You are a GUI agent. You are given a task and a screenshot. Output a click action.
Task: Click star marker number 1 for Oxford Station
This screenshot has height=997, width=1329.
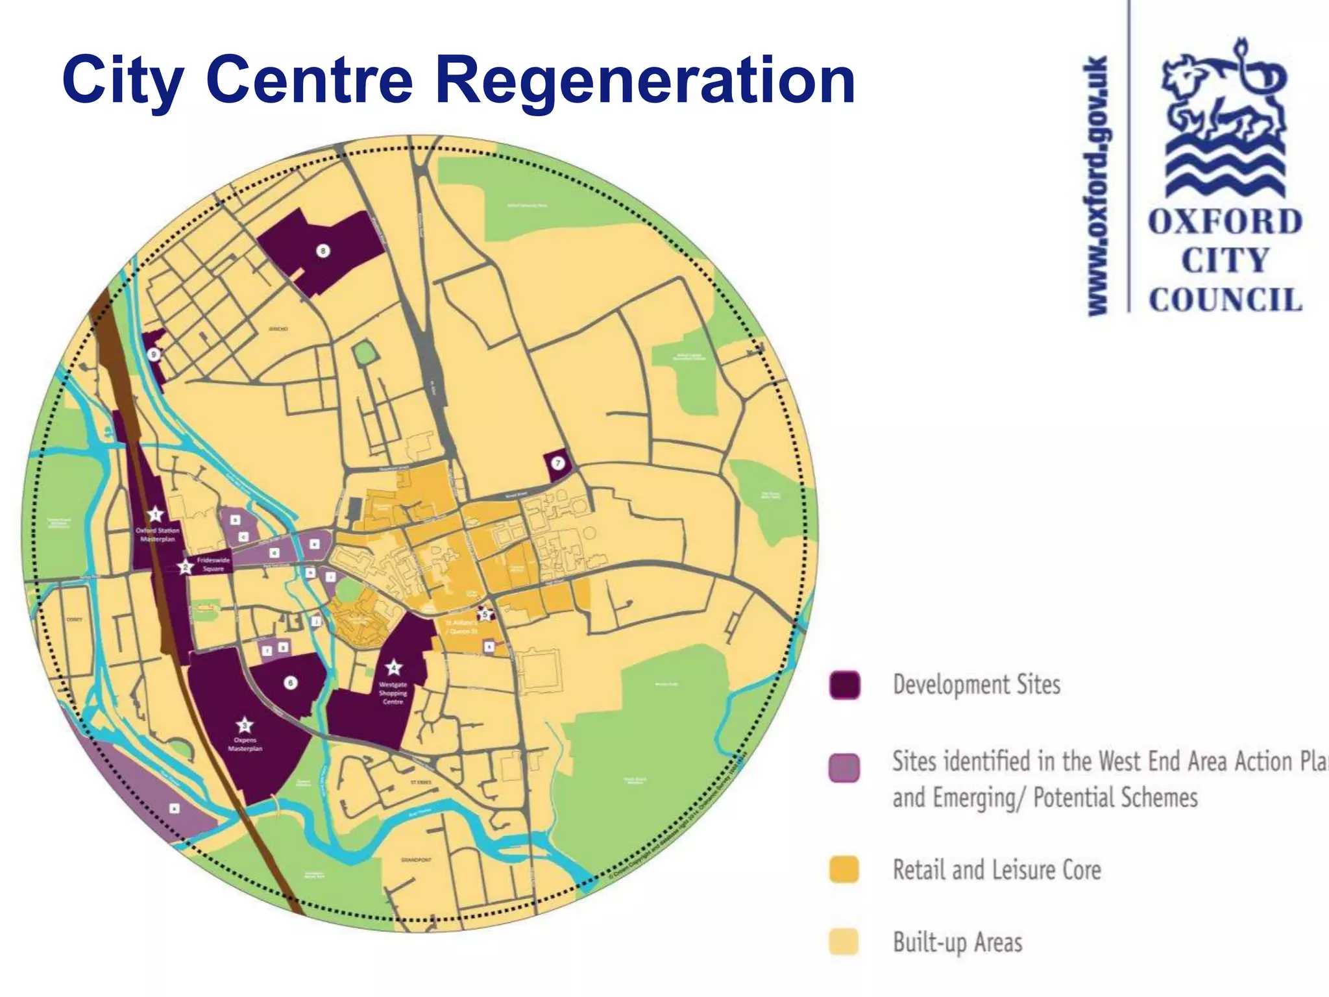pos(154,515)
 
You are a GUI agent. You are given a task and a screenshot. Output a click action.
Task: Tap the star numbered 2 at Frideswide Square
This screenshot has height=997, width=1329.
pos(186,567)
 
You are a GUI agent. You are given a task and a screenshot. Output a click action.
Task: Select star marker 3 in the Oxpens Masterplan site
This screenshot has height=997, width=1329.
pos(244,725)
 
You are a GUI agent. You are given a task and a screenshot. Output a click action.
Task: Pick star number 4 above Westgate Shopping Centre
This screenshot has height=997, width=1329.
pos(393,667)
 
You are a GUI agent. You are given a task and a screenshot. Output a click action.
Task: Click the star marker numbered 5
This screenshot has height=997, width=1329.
pos(484,613)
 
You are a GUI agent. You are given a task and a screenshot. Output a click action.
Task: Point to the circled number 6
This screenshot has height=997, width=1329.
pos(291,683)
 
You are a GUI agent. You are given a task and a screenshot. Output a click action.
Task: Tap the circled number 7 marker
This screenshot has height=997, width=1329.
pos(558,463)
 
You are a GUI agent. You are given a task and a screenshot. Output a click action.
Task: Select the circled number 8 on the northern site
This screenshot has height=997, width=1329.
pos(323,251)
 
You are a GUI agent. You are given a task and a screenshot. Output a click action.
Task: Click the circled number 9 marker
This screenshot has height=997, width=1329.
pos(154,354)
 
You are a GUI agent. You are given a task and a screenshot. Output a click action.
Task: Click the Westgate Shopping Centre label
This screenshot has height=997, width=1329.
pos(393,693)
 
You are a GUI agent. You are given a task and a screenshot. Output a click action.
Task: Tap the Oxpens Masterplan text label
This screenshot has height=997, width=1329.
pos(245,745)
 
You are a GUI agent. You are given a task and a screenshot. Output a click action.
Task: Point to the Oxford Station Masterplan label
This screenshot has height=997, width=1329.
pos(157,535)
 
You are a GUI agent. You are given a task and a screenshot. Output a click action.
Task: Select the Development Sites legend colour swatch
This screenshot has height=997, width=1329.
pos(844,685)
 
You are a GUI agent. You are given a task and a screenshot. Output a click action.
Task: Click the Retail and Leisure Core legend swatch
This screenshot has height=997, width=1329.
pos(844,870)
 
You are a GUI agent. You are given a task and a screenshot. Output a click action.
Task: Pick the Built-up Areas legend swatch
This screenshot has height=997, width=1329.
pos(844,942)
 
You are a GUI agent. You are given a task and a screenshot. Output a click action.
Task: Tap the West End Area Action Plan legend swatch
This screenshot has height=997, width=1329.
pos(844,768)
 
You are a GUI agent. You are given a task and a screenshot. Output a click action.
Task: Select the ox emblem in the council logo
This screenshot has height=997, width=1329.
pos(1224,117)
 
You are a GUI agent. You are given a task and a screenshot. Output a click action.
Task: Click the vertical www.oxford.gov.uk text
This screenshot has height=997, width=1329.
pos(1099,187)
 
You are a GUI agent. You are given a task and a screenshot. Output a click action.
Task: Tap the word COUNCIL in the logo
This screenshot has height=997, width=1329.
pos(1225,300)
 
